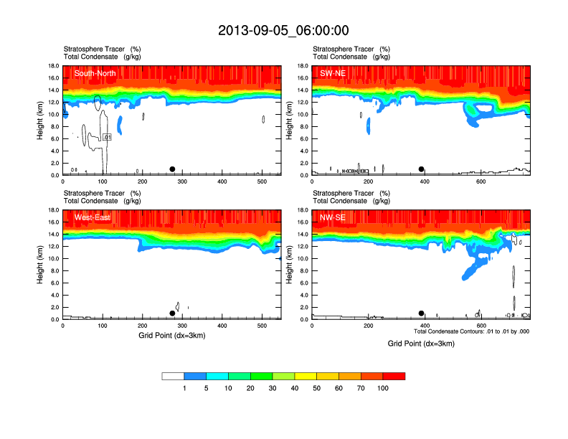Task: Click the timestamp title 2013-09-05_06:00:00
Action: [x=283, y=30]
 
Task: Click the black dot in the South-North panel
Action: [x=172, y=169]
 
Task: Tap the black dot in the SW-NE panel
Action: [x=422, y=169]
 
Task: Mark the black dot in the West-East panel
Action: [x=172, y=313]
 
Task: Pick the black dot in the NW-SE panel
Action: [x=422, y=313]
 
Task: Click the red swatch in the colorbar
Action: [x=394, y=376]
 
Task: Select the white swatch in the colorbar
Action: [x=173, y=376]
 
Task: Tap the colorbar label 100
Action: [x=383, y=388]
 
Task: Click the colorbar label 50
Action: [x=317, y=388]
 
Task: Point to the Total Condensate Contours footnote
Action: [x=471, y=331]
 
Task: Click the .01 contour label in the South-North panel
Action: [x=107, y=137]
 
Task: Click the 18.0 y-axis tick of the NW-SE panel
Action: [x=303, y=210]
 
